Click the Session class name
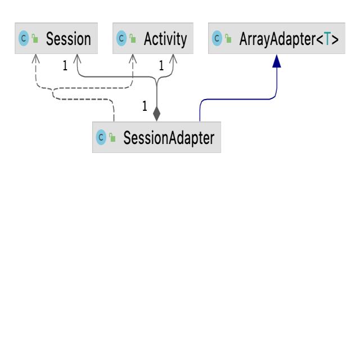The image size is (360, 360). point(68,39)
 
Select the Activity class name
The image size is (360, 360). point(164,39)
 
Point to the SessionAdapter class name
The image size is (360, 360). point(169,138)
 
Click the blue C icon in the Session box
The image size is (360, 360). point(24,39)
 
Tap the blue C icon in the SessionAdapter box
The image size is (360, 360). point(101,138)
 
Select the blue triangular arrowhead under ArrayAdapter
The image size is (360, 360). point(276,62)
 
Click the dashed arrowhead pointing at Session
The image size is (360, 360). point(36,58)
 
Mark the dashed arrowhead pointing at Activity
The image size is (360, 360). point(133,58)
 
